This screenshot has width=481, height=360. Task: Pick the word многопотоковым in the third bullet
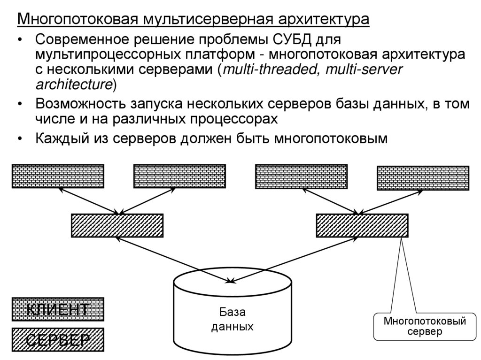[331, 139]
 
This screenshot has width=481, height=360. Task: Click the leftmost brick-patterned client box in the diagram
[57, 176]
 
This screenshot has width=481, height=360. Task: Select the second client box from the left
[179, 176]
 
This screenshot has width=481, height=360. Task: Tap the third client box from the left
[301, 176]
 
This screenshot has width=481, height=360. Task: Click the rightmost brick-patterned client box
[423, 178]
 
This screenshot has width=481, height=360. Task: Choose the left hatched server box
[117, 225]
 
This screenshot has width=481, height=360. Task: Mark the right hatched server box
[362, 225]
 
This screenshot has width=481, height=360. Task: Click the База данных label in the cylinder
[232, 319]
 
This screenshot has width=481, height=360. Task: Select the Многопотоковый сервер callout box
[424, 327]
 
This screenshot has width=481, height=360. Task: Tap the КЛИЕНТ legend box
[57, 309]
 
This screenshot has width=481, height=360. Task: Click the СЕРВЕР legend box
[57, 339]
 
